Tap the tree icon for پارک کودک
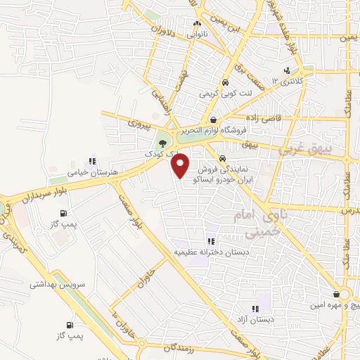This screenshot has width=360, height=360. (x=163, y=143)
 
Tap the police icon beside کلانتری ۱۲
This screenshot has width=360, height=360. (x=288, y=70)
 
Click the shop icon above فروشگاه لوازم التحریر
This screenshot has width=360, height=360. (x=212, y=120)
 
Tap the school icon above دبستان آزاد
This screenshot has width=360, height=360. (x=256, y=308)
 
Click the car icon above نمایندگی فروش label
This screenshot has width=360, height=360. (x=222, y=158)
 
